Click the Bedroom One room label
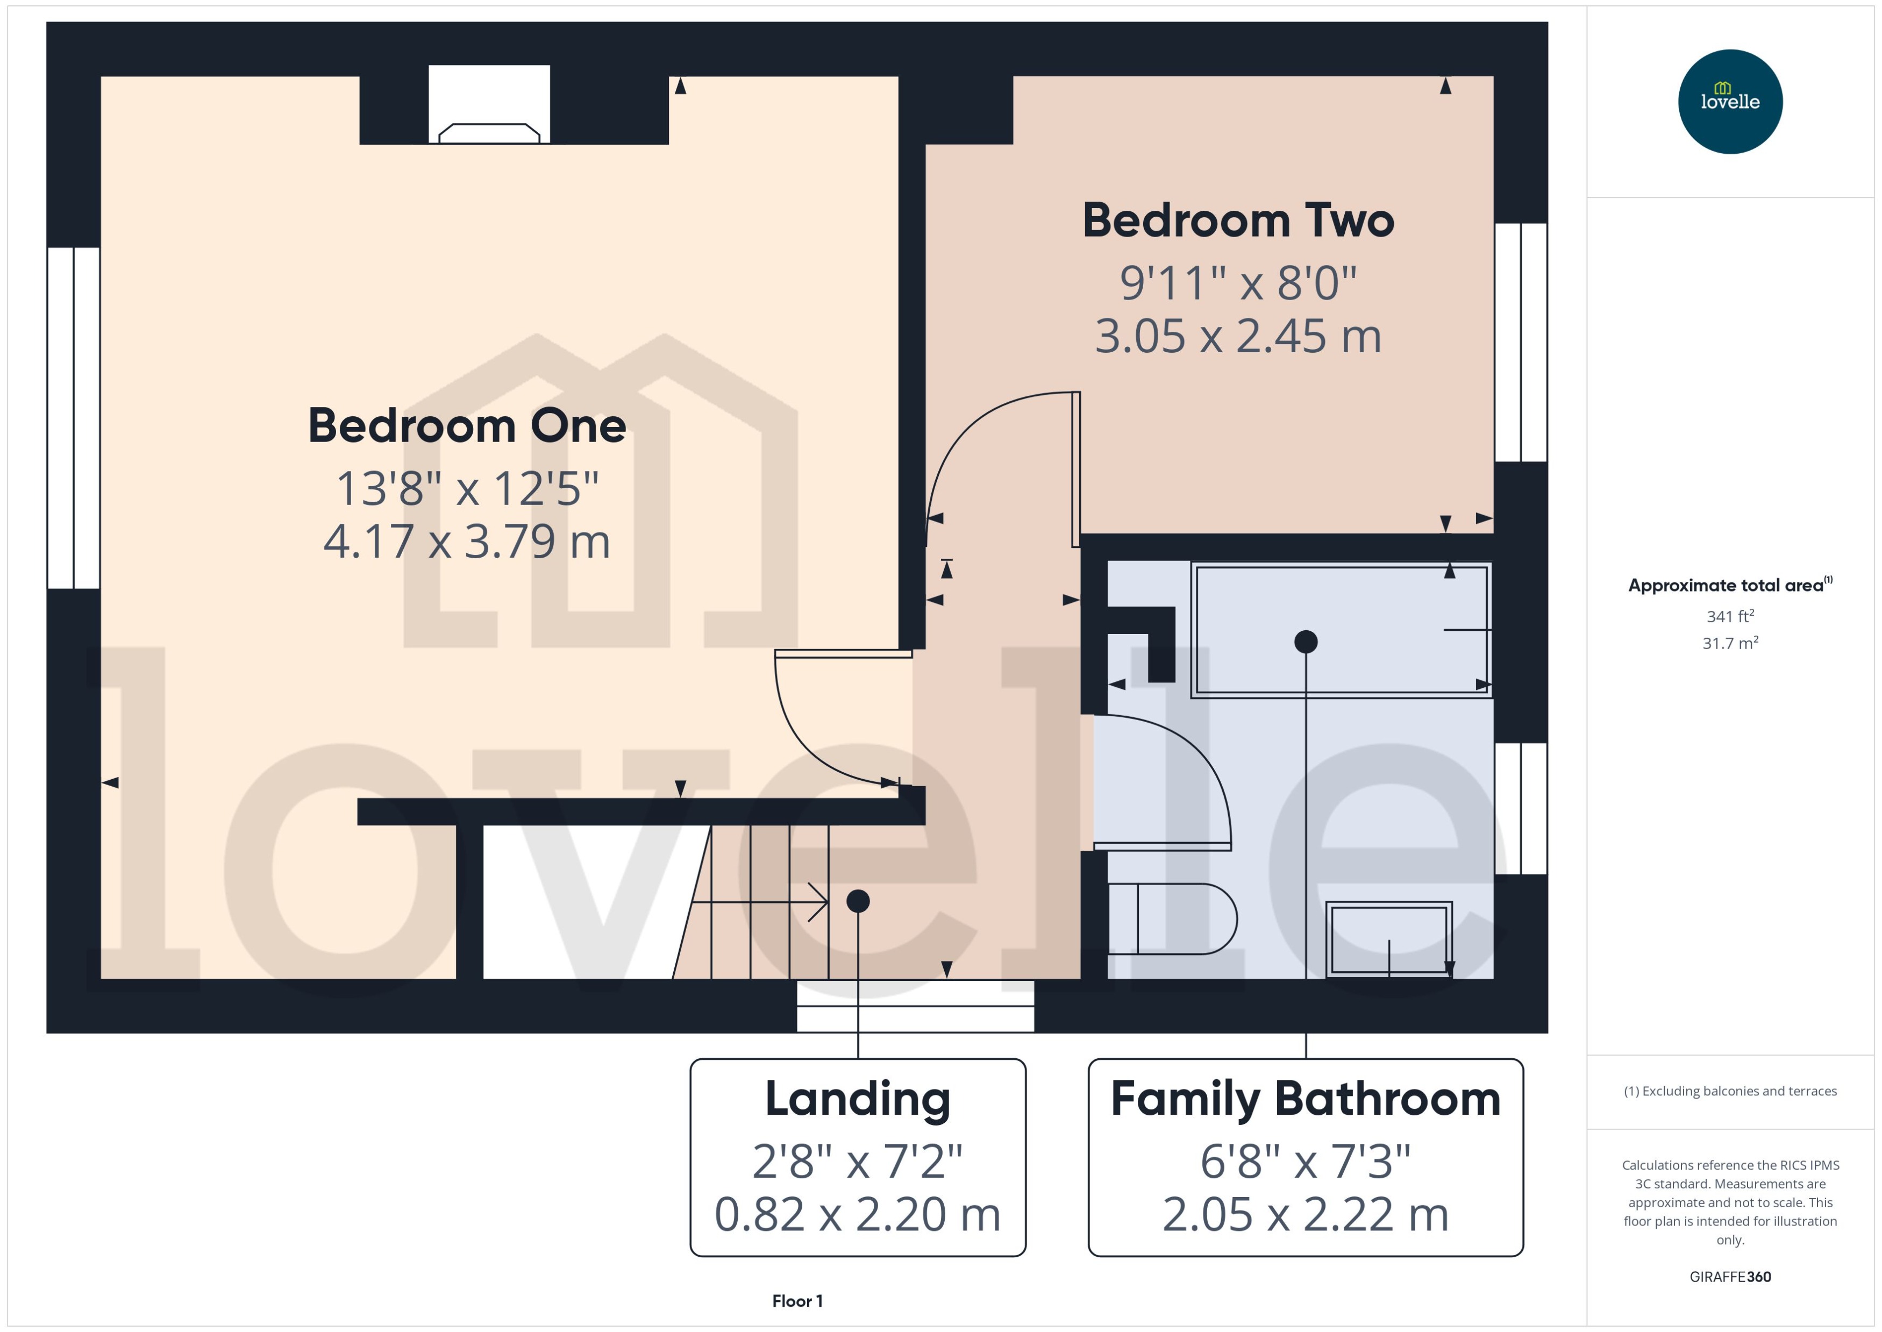(467, 426)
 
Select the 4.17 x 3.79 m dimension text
(467, 542)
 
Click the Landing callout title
(857, 1099)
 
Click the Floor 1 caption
(796, 1301)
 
